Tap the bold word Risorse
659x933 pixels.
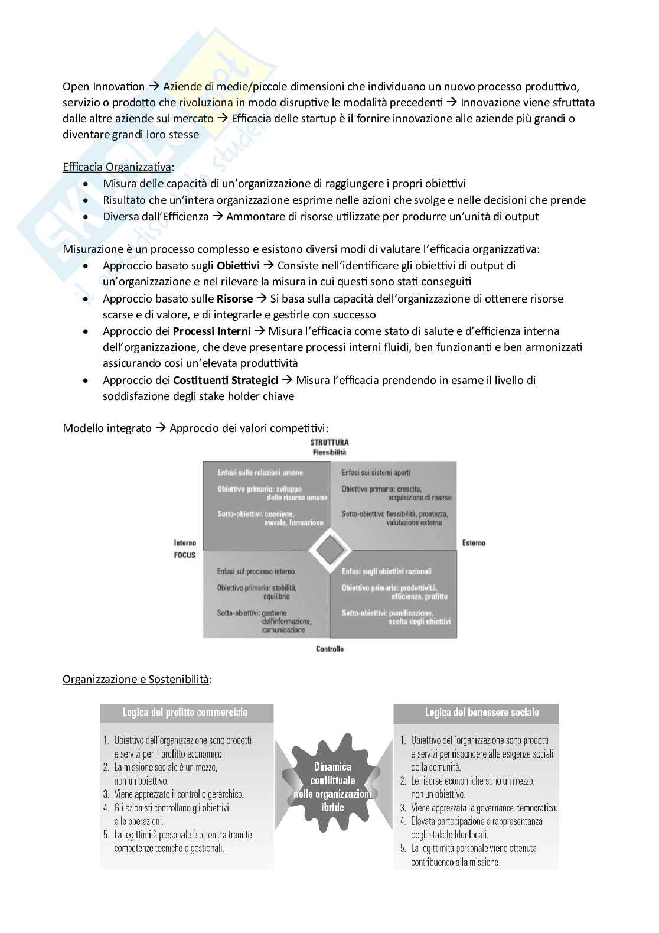pos(234,299)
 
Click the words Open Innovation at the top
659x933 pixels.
pos(103,87)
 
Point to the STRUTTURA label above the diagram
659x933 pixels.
pos(329,443)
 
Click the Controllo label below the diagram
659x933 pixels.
pos(329,649)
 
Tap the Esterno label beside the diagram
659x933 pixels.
pos(474,542)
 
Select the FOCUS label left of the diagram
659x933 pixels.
pos(184,555)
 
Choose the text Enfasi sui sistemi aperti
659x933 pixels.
pos(376,473)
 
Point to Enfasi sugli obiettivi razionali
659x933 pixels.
pos(386,571)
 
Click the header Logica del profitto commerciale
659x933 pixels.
pos(185,713)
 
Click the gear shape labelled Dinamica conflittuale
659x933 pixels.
pos(332,786)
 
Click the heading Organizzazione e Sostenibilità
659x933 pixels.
pos(136,680)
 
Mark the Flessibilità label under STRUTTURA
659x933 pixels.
pos(329,453)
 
